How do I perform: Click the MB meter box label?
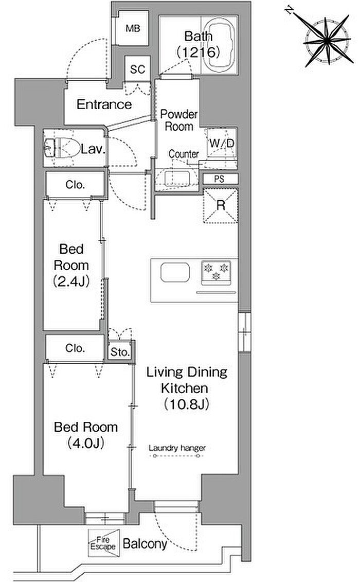[x=133, y=28]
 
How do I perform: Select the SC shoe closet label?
[x=137, y=69]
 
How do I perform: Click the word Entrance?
[x=104, y=104]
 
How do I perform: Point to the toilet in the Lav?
[x=62, y=148]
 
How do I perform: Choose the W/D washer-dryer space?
[x=222, y=143]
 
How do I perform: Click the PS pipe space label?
[x=219, y=179]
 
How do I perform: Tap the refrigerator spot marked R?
[x=221, y=206]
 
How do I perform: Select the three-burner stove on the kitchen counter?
[x=216, y=273]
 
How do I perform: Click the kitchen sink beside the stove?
[x=175, y=272]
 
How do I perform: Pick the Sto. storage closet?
[x=120, y=352]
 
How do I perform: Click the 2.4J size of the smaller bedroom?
[x=71, y=281]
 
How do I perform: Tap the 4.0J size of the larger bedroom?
[x=85, y=443]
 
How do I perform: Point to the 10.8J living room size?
[x=186, y=404]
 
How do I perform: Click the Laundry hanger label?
[x=177, y=448]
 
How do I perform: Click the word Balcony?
[x=145, y=544]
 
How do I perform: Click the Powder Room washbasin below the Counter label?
[x=177, y=178]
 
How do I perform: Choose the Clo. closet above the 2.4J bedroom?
[x=75, y=184]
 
